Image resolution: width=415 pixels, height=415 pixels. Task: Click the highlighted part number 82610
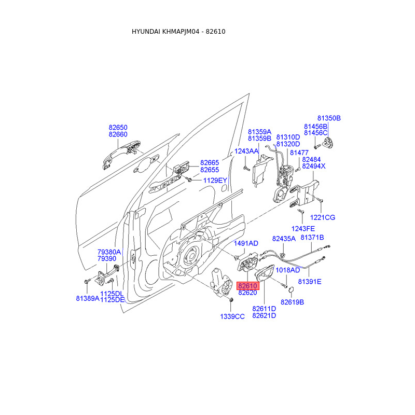(x=247, y=286)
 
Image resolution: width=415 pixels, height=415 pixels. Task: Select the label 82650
(x=118, y=127)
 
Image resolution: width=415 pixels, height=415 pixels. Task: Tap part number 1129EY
(x=215, y=180)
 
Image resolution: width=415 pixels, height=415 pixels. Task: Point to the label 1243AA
(x=246, y=151)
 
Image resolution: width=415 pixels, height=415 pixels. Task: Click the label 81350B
(x=329, y=118)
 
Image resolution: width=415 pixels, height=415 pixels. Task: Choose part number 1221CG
(x=323, y=217)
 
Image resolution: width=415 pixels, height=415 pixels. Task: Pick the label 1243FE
(x=303, y=228)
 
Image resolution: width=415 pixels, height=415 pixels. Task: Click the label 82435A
(x=284, y=239)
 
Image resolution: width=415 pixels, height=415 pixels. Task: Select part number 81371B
(x=312, y=237)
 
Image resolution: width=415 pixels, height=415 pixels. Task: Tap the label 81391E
(x=310, y=282)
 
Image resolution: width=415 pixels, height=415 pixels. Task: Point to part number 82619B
(x=292, y=302)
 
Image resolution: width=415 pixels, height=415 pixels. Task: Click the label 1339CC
(x=232, y=316)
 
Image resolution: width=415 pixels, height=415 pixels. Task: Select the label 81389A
(x=87, y=298)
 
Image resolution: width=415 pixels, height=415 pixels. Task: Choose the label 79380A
(x=109, y=252)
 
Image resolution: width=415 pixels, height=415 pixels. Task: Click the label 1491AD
(x=246, y=243)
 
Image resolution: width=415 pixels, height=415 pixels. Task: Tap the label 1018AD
(x=287, y=270)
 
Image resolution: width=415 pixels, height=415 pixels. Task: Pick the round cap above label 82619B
(x=291, y=288)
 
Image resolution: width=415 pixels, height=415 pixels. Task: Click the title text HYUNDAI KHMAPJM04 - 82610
(x=178, y=32)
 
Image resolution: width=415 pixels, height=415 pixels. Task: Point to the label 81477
(x=299, y=153)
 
